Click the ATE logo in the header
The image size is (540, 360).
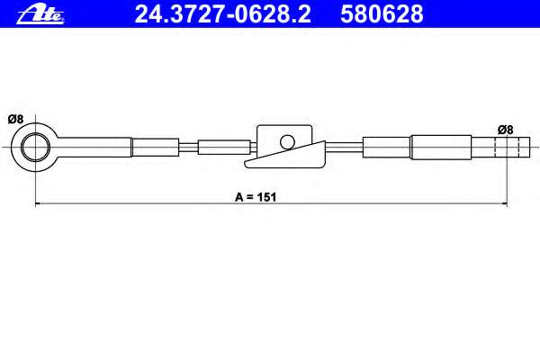(x=40, y=14)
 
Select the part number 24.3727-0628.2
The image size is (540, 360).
(x=223, y=14)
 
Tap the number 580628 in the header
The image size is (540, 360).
(x=382, y=14)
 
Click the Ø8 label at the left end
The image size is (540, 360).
(x=15, y=119)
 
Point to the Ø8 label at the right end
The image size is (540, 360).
(x=505, y=130)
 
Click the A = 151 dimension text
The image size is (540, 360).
(x=256, y=197)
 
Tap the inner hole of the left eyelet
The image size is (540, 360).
(x=35, y=147)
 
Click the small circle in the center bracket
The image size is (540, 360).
(x=287, y=142)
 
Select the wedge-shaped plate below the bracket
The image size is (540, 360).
(x=285, y=157)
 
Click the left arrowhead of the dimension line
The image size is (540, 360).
(x=39, y=204)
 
